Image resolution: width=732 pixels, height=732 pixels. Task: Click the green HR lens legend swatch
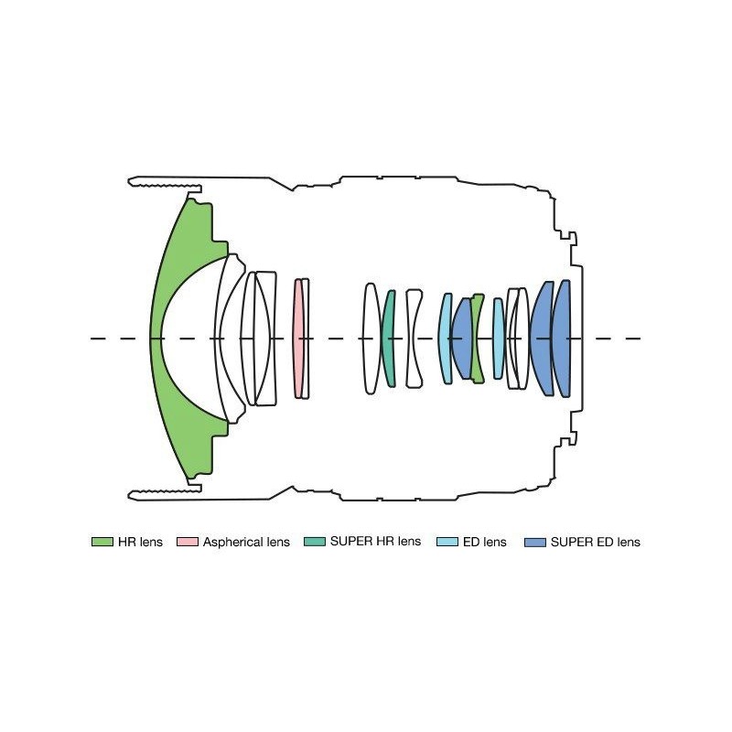click(102, 542)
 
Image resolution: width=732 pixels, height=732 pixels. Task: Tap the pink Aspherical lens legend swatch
click(188, 542)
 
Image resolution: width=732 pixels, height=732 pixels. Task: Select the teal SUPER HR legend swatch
click(314, 542)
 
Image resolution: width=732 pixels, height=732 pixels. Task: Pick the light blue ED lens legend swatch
click(447, 542)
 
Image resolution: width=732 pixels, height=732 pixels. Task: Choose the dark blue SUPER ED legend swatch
click(535, 542)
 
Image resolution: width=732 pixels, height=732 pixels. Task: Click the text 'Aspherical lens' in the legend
click(246, 542)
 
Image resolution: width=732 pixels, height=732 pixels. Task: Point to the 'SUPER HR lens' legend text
click(375, 541)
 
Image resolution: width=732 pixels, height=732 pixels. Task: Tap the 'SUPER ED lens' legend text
click(596, 542)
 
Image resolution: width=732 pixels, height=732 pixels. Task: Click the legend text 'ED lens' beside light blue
click(485, 542)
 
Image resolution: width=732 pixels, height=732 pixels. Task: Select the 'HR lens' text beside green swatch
click(140, 542)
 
